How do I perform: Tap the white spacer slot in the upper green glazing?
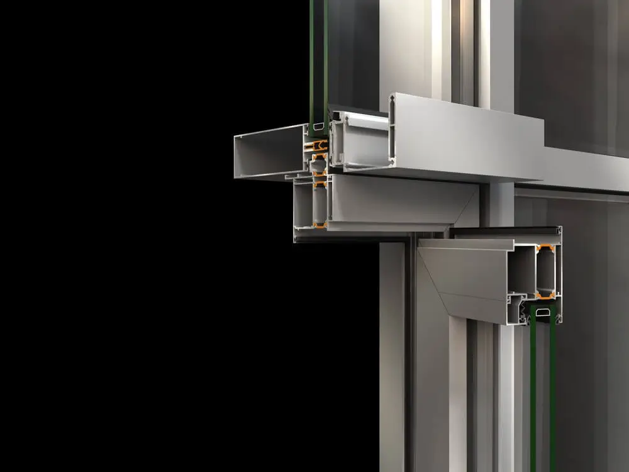click(317, 128)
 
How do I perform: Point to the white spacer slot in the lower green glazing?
click(543, 312)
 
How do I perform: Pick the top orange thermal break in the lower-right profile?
click(545, 247)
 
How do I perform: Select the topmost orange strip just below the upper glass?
click(320, 145)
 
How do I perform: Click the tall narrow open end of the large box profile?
click(392, 129)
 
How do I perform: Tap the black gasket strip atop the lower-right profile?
click(503, 232)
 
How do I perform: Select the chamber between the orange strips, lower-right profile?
click(545, 271)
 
